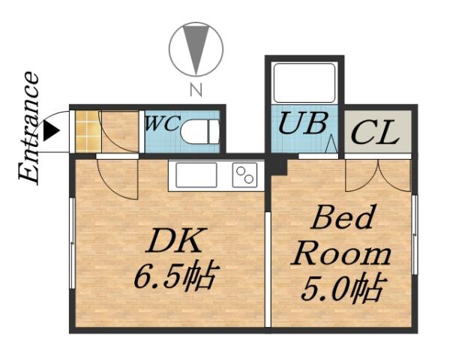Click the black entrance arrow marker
50,131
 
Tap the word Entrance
28,127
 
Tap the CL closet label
374,136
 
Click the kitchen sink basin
196,175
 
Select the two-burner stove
244,175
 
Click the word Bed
342,220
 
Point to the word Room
341,253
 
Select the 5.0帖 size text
343,287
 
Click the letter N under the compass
196,92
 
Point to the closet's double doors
378,174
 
